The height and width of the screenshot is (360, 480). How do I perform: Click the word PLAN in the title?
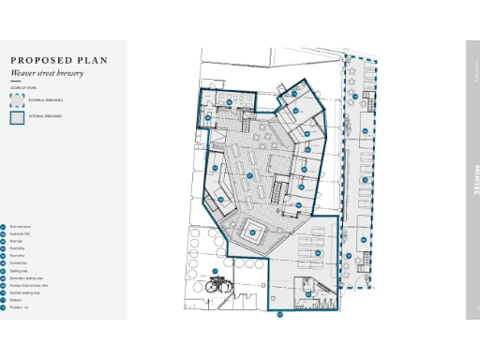pyautogui.click(x=95, y=61)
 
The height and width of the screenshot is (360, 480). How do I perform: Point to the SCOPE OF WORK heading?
pyautogui.click(x=22, y=87)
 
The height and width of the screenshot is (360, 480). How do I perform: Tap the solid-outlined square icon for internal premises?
pyautogui.click(x=17, y=117)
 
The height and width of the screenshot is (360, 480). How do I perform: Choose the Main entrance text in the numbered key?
pyautogui.click(x=21, y=227)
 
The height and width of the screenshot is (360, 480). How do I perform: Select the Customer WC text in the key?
pyautogui.click(x=21, y=235)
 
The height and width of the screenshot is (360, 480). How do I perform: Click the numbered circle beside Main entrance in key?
pyautogui.click(x=3, y=227)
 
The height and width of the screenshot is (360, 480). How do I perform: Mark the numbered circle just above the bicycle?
pyautogui.click(x=215, y=272)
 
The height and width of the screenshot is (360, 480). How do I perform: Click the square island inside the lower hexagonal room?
pyautogui.click(x=253, y=231)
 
